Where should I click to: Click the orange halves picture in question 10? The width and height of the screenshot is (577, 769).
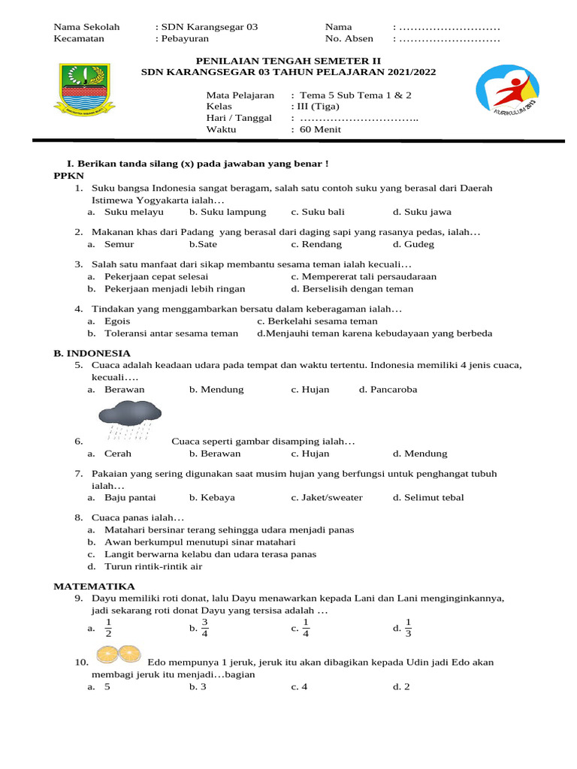[x=119, y=654]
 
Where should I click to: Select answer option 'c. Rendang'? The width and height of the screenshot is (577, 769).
[x=316, y=244]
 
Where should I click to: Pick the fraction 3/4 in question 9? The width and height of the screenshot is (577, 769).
[x=204, y=628]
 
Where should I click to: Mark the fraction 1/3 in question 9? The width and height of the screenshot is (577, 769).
[x=408, y=628]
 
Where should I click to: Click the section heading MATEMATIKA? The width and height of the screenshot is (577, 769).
[x=94, y=586]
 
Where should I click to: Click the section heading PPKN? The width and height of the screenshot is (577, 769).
[x=68, y=175]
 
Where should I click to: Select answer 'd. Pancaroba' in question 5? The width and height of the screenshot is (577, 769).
[x=388, y=390]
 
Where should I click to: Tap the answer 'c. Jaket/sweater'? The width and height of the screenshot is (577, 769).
[x=327, y=497]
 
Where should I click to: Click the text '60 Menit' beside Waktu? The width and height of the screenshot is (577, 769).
[x=320, y=129]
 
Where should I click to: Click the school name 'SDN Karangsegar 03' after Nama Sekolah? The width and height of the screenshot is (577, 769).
[x=210, y=27]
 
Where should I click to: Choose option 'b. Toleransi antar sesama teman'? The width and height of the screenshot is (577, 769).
[x=162, y=333]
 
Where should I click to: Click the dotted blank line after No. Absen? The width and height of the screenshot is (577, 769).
[x=449, y=39]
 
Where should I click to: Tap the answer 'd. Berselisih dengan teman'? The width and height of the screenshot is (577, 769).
[x=352, y=288]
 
